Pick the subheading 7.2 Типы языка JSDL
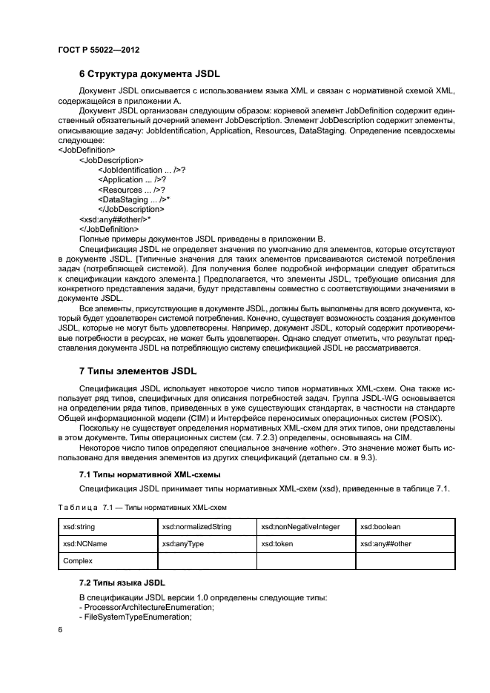pyautogui.click(x=122, y=584)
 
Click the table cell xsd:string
pyautogui.click(x=81, y=527)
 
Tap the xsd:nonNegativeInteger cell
pyautogui.click(x=300, y=527)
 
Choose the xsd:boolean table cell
pyautogui.click(x=380, y=527)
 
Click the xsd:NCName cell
pyautogui.click(x=83, y=544)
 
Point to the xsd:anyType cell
pyautogui.click(x=182, y=544)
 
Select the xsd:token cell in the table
pyautogui.click(x=278, y=544)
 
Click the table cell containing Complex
pyautogui.click(x=78, y=561)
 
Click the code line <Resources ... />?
pyautogui.click(x=131, y=190)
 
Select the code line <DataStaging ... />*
pyautogui.click(x=134, y=200)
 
